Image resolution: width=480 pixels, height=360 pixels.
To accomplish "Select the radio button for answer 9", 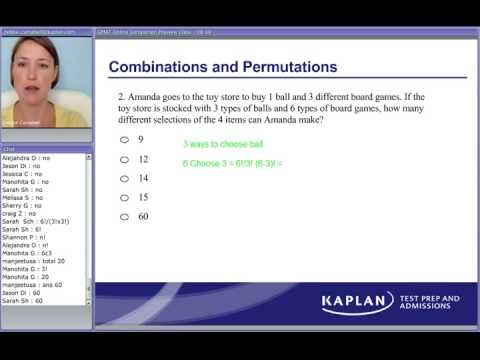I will click(x=123, y=140).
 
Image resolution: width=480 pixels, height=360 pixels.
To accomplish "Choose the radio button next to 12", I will click(x=123, y=159).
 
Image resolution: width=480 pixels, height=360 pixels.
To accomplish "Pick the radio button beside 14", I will click(x=123, y=178).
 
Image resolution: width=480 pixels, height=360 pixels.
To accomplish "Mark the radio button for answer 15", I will click(x=123, y=197).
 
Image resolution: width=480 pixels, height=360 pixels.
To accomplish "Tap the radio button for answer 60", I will click(x=123, y=216).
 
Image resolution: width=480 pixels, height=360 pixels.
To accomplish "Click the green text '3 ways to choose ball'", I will click(x=221, y=144).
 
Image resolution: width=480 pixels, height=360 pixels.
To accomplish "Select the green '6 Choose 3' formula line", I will click(x=233, y=162).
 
